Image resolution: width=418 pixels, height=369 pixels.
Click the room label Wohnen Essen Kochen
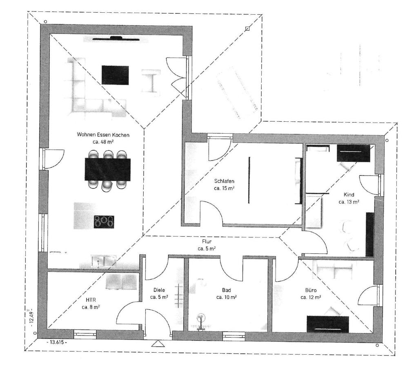point(103,134)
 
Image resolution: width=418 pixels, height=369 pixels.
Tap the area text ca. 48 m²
point(103,142)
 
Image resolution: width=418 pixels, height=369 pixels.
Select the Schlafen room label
point(224,181)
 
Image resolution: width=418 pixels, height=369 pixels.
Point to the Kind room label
point(349,195)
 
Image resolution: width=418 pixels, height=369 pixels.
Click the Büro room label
point(311,290)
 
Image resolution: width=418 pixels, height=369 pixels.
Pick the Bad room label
point(227,290)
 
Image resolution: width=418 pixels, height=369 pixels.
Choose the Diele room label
point(159,290)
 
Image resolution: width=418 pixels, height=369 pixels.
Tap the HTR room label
point(91,300)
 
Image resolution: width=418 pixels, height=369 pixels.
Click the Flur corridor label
point(207,242)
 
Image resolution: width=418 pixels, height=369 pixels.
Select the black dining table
point(108,169)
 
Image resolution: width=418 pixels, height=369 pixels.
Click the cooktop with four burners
point(104,221)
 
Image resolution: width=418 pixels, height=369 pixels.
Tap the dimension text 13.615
point(57,342)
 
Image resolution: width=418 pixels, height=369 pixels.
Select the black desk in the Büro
point(328,324)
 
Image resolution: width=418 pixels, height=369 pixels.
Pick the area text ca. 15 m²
point(224,188)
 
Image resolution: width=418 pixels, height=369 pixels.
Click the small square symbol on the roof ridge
point(247,29)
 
